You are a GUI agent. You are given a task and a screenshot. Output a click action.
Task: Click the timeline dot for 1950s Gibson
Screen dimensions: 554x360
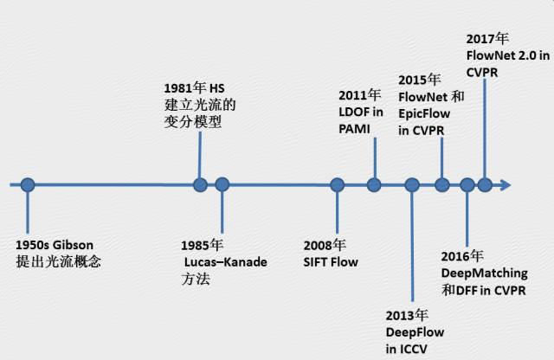(x=28, y=184)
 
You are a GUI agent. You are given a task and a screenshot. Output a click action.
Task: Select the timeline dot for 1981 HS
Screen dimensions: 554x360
(x=201, y=184)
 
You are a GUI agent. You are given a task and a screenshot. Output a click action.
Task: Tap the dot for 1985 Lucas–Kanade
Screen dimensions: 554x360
(x=222, y=184)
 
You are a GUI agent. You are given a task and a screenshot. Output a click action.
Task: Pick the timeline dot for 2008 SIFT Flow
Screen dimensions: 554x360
(x=337, y=184)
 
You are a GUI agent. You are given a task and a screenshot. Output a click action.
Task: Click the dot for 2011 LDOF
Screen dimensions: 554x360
(x=374, y=184)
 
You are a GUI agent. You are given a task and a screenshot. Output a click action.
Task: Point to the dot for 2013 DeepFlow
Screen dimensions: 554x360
(x=412, y=184)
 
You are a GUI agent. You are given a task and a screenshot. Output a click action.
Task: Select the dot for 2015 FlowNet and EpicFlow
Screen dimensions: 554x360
(x=441, y=184)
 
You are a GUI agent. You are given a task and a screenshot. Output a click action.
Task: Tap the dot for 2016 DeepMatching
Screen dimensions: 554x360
(x=467, y=184)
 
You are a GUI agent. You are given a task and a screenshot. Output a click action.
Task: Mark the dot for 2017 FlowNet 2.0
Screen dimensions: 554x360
(x=485, y=184)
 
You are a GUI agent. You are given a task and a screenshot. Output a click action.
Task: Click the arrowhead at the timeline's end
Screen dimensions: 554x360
(x=506, y=184)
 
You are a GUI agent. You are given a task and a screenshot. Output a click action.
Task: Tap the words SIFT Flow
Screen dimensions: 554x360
(x=331, y=261)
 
